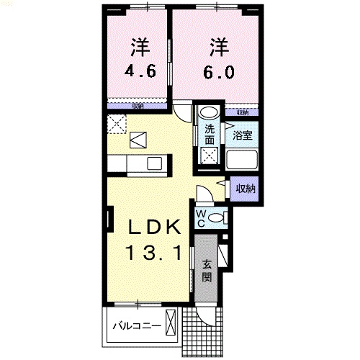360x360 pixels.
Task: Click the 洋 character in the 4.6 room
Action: click(140, 48)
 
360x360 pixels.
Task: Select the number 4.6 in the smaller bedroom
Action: click(140, 71)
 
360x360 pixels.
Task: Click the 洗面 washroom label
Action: click(209, 135)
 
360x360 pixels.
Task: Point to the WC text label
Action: click(202, 217)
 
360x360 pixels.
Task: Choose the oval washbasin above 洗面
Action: click(210, 112)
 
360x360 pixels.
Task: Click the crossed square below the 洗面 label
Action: click(209, 154)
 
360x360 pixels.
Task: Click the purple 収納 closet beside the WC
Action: click(246, 189)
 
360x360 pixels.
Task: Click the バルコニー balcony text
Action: click(136, 326)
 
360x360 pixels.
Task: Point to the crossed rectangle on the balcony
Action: click(171, 322)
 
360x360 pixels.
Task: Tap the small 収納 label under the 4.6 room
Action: click(138, 106)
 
